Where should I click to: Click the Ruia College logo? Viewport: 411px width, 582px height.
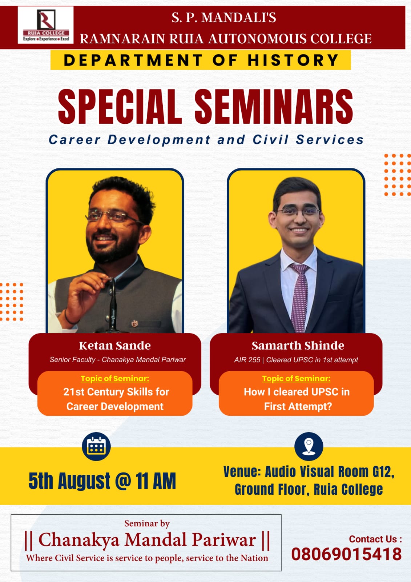[46, 25]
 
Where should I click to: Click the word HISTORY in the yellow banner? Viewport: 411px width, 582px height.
[293, 60]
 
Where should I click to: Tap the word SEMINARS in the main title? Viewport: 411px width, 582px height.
[274, 106]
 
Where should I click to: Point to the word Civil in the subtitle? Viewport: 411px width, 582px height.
[271, 140]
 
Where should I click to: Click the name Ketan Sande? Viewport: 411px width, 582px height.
[115, 346]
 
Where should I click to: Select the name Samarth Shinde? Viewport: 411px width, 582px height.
[298, 346]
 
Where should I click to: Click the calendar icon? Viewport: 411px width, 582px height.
[96, 446]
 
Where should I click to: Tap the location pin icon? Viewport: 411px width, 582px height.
[309, 446]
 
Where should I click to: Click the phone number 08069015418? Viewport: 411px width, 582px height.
[346, 554]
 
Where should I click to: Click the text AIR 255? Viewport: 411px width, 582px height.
[247, 360]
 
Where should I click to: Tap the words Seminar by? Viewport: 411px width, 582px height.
[147, 523]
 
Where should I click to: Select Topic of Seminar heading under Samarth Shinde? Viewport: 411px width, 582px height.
[296, 379]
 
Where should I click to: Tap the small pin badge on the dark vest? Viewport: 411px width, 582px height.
[134, 323]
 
